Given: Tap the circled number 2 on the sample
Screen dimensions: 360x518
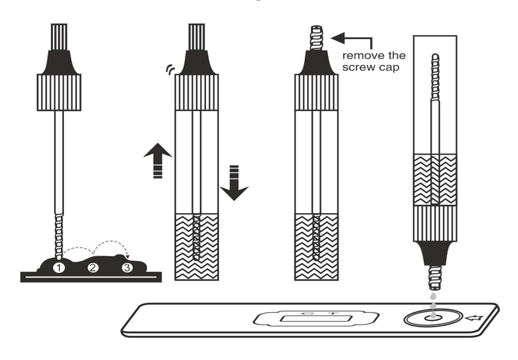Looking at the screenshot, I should [x=93, y=267].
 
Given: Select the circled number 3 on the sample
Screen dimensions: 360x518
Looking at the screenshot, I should [x=127, y=267].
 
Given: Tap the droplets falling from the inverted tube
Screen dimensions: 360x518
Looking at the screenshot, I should [x=432, y=300].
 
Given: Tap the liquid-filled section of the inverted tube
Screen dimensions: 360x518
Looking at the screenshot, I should [x=435, y=180].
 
